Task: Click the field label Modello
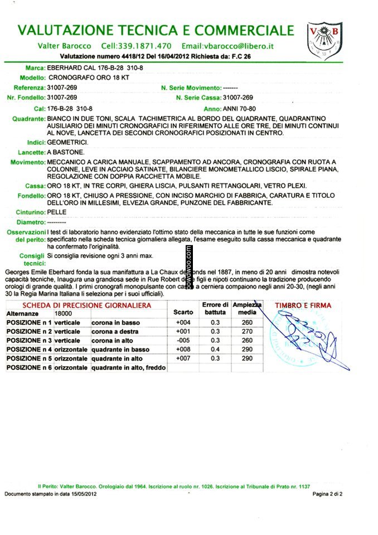tap(32, 77)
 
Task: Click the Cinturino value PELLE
tap(57, 212)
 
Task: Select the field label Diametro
tap(31, 222)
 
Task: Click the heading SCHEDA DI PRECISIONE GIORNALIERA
tap(86, 305)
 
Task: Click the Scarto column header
tap(183, 313)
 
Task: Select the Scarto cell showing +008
tap(183, 349)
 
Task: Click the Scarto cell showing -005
tap(183, 340)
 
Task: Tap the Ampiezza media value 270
tap(248, 331)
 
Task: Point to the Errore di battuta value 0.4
tap(215, 349)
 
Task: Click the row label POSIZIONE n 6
tap(29, 367)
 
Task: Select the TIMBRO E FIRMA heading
tap(303, 305)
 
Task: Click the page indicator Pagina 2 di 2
tap(327, 494)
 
